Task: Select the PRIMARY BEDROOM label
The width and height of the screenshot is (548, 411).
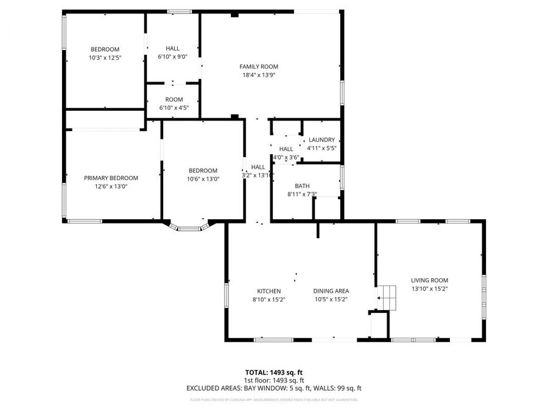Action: coord(111,178)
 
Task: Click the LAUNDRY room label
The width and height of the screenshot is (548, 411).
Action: coord(321,139)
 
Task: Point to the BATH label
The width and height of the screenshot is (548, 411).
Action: coord(302,186)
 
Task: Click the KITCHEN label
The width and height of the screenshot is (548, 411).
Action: coord(269,291)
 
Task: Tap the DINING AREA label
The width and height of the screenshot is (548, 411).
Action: coord(331,291)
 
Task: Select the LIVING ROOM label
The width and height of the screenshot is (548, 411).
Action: coord(429,280)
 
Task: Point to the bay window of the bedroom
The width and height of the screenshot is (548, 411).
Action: coord(188,228)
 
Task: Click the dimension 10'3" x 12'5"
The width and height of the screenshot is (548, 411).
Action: coord(105,58)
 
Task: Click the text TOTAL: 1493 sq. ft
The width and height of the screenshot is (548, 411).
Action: coord(273,371)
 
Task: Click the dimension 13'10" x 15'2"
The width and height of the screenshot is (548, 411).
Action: coord(429,289)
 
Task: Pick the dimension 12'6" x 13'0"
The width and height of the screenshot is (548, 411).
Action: coord(111,186)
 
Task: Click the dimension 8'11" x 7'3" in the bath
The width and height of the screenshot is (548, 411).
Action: coord(302,194)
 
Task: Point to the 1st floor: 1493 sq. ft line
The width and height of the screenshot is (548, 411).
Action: coord(273,379)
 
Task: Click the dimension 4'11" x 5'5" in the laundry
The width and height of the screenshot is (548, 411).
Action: coord(321,148)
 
